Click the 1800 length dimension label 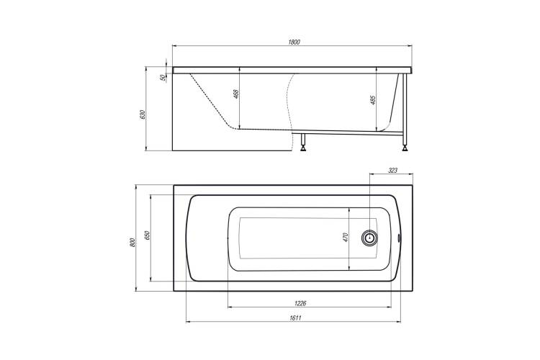[x=294, y=42]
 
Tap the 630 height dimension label [x=143, y=114]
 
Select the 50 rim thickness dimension [x=163, y=78]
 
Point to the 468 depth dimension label [x=236, y=94]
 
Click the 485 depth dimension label [x=374, y=99]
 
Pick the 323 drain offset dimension [x=392, y=170]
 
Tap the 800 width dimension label [x=133, y=242]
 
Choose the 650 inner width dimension [x=147, y=235]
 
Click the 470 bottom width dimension [x=346, y=238]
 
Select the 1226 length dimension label [x=300, y=304]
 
